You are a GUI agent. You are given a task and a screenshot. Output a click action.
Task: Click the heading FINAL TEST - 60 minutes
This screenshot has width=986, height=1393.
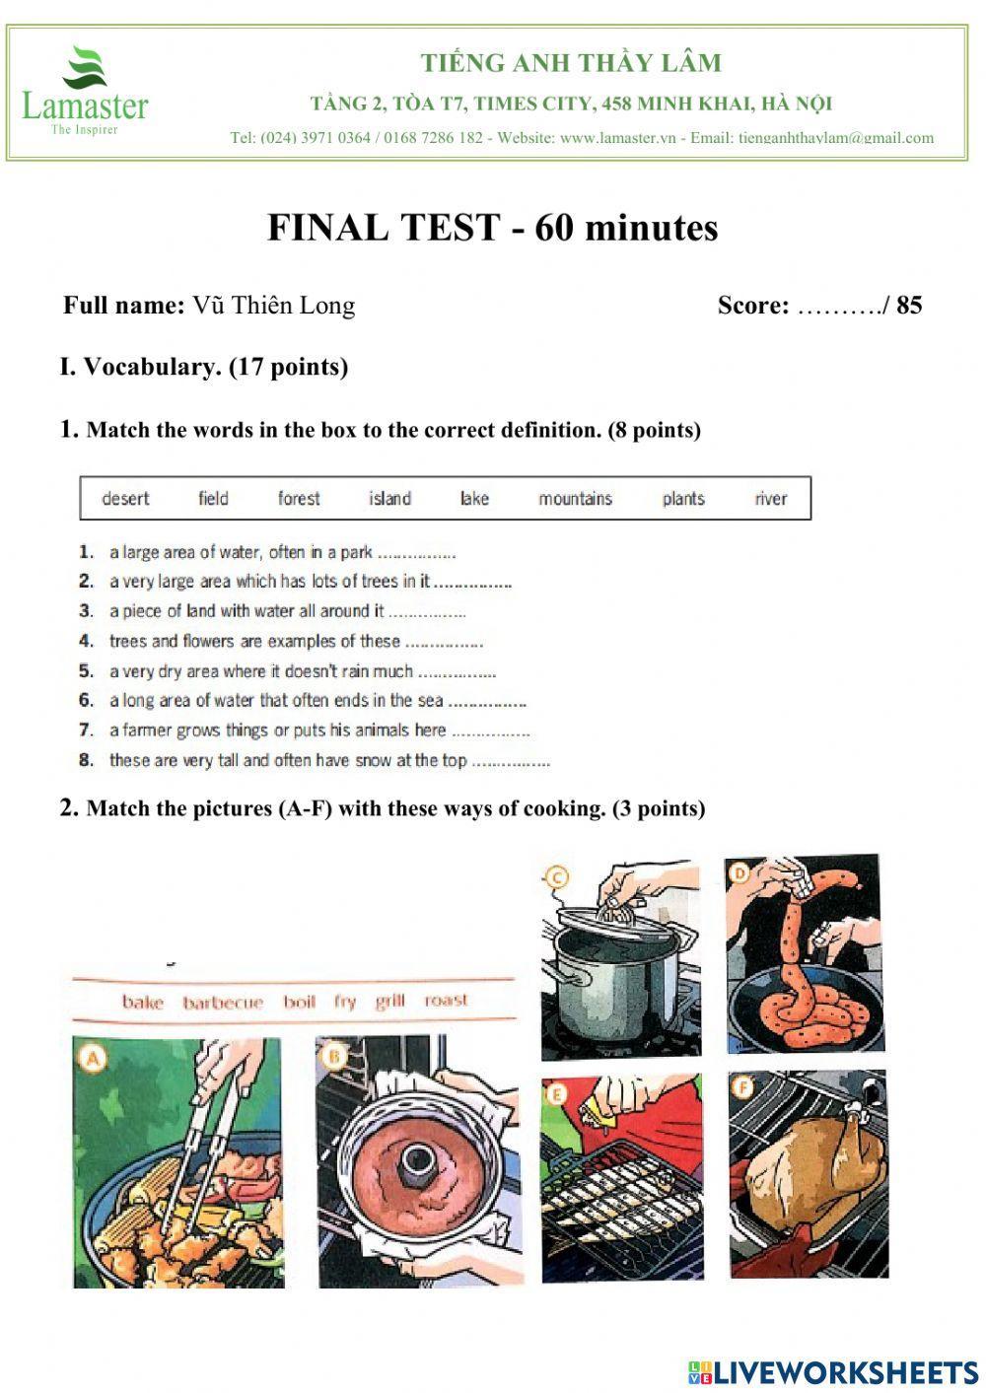[x=492, y=228]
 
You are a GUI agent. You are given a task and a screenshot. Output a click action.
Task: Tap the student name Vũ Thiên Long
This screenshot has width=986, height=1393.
[x=273, y=306]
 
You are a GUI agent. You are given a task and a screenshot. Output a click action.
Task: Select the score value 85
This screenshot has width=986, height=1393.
[x=909, y=306]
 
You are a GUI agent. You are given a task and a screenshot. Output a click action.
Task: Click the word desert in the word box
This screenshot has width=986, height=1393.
[x=125, y=499]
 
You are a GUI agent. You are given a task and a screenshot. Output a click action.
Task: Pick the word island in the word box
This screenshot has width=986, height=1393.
[x=389, y=499]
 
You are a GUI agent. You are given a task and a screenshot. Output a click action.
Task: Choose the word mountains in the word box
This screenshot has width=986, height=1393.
[x=575, y=499]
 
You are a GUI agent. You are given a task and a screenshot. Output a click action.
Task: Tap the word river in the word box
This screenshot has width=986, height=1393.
[x=770, y=499]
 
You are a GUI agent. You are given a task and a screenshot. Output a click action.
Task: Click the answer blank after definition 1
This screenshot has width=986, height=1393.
[x=416, y=554]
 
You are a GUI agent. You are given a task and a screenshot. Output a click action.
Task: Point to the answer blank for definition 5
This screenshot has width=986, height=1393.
[x=457, y=673]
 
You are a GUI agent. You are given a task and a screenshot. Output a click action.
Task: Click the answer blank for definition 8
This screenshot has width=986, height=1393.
[x=511, y=762]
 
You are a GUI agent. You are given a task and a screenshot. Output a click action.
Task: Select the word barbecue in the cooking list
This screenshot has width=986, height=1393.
[x=223, y=1003]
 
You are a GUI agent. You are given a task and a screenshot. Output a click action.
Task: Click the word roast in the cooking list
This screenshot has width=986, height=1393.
[x=446, y=1001]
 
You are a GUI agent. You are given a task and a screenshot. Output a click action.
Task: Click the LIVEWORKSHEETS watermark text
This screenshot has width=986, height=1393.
[x=844, y=1372]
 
